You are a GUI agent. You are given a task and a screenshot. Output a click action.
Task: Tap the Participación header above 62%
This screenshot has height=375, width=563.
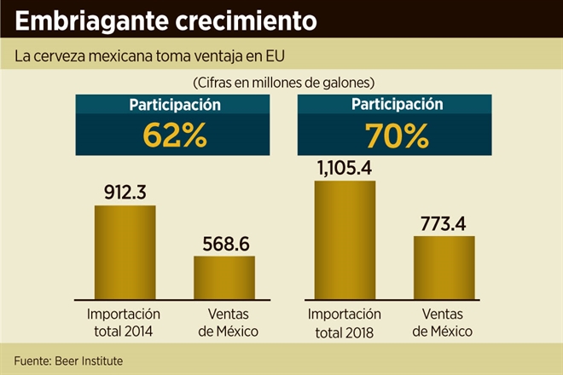175,106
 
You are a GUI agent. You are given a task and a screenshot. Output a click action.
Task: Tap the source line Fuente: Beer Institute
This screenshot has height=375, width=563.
68,361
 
